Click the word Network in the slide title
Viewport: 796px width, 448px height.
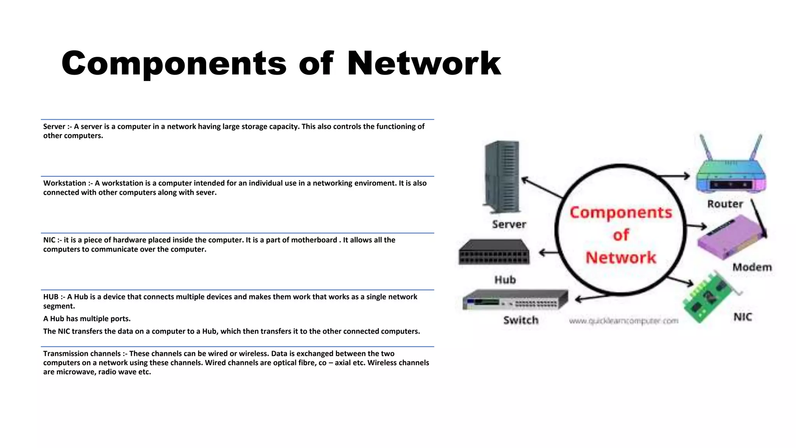tap(424, 63)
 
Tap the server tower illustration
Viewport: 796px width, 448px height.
tap(501, 177)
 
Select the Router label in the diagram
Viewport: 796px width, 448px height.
tap(725, 204)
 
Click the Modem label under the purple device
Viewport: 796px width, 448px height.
tap(752, 268)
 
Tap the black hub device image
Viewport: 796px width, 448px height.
tap(494, 252)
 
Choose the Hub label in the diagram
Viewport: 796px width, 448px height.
tap(505, 280)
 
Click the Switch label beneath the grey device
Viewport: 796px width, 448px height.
tap(521, 320)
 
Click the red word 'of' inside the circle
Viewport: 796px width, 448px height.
tap(621, 235)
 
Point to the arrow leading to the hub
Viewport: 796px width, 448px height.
tap(548, 253)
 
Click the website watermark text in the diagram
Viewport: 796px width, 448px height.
tap(623, 321)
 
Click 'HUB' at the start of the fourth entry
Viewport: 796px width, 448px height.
tap(51, 297)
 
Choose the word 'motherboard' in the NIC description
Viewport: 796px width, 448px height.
tap(314, 240)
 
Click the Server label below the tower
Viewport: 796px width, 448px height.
tap(509, 224)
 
